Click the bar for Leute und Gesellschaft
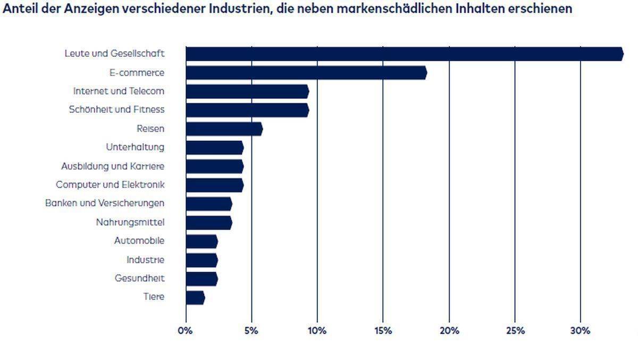404,54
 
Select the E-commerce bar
306,73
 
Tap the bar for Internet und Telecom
247,91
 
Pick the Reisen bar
224,129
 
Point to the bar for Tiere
195,297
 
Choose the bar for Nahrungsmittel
209,222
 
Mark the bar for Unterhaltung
214,147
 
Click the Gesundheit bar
202,279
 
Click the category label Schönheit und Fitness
116,110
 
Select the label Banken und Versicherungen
105,203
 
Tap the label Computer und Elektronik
110,185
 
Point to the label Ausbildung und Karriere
113,166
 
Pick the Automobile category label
139,241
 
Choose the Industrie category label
145,260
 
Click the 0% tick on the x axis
186,331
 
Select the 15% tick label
383,331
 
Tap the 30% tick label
580,331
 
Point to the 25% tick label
514,331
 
